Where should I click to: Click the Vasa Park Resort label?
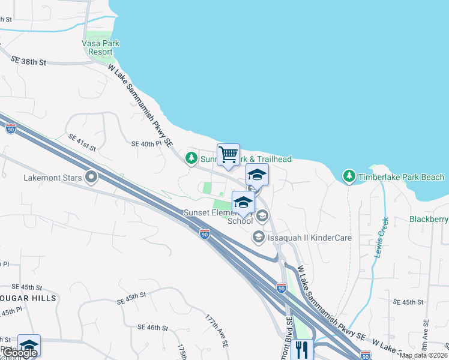point(100,47)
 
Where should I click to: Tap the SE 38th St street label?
point(29,61)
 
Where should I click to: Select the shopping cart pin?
point(228,155)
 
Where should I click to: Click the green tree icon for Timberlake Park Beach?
point(349,176)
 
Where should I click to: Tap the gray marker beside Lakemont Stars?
point(91,177)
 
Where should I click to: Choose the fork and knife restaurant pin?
point(301,350)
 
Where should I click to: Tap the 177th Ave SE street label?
point(217,331)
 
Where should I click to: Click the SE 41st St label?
point(82,142)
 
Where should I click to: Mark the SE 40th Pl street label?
point(146,143)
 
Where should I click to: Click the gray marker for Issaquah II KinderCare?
point(259,238)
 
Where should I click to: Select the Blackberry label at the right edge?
point(429,219)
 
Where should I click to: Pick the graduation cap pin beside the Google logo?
point(29,345)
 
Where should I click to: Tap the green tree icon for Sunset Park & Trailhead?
point(191,159)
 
